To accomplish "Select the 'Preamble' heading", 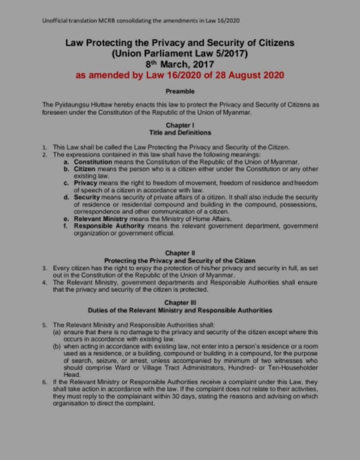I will pyautogui.click(x=180, y=91).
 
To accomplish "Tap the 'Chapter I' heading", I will pyautogui.click(x=180, y=125).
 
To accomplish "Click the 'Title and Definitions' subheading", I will pyautogui.click(x=180, y=132).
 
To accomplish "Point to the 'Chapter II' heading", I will pyautogui.click(x=180, y=253).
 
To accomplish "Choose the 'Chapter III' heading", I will pyautogui.click(x=180, y=303).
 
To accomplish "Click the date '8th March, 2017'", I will pyautogui.click(x=180, y=64).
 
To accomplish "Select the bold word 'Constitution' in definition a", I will pyautogui.click(x=93, y=162).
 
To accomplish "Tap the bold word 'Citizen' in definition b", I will pyautogui.click(x=85, y=169).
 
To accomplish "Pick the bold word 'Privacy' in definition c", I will pyautogui.click(x=85, y=183).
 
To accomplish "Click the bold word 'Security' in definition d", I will pyautogui.click(x=87, y=197).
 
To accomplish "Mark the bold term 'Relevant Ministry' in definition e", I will pyautogui.click(x=101, y=219).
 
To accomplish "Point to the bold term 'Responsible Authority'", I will pyautogui.click(x=109, y=226).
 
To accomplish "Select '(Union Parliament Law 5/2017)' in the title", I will pyautogui.click(x=180, y=54).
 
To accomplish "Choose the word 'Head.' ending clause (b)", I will pyautogui.click(x=72, y=375).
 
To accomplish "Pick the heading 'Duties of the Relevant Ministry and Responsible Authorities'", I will pyautogui.click(x=180, y=310).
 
